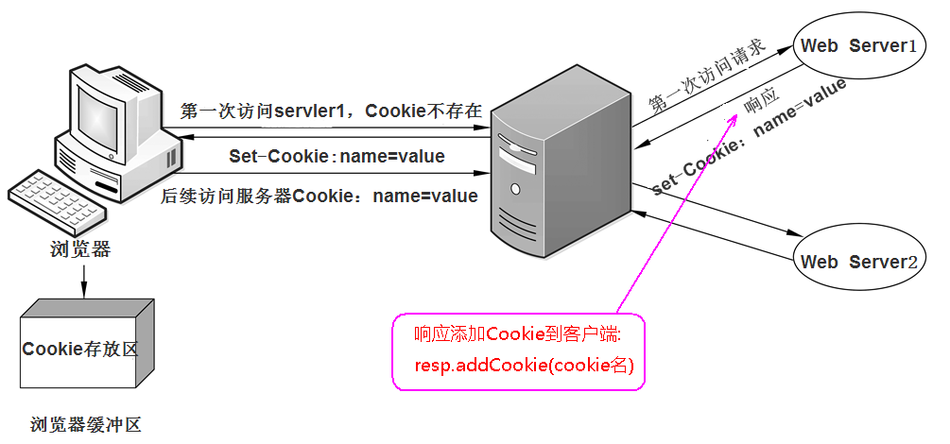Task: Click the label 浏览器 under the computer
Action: point(80,249)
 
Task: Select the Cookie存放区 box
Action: point(80,349)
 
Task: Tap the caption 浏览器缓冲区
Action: point(85,425)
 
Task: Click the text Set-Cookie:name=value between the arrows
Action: point(337,156)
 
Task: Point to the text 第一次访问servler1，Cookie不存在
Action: point(331,111)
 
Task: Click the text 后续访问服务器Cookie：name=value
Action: point(320,196)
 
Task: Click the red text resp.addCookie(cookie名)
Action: point(524,365)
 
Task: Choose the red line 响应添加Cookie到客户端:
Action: point(517,334)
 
